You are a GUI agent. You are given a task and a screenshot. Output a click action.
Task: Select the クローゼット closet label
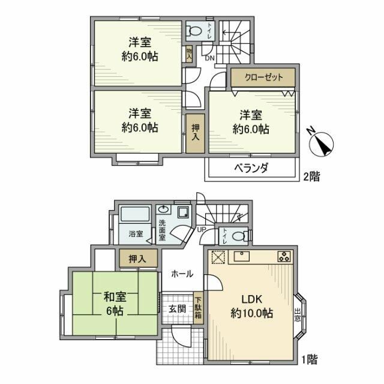(263, 77)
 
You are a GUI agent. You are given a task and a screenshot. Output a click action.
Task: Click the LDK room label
(252, 299)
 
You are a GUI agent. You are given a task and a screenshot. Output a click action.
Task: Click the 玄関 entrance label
(176, 308)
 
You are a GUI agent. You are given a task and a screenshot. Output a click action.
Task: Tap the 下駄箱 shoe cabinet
(197, 308)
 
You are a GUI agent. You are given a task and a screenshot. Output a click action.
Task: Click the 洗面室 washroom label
(162, 231)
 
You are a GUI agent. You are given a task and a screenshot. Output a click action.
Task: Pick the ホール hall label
(182, 274)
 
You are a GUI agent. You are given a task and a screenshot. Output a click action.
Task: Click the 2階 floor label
(310, 176)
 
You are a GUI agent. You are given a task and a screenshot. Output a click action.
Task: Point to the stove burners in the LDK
(283, 257)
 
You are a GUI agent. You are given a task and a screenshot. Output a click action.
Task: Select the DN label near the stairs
(209, 58)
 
